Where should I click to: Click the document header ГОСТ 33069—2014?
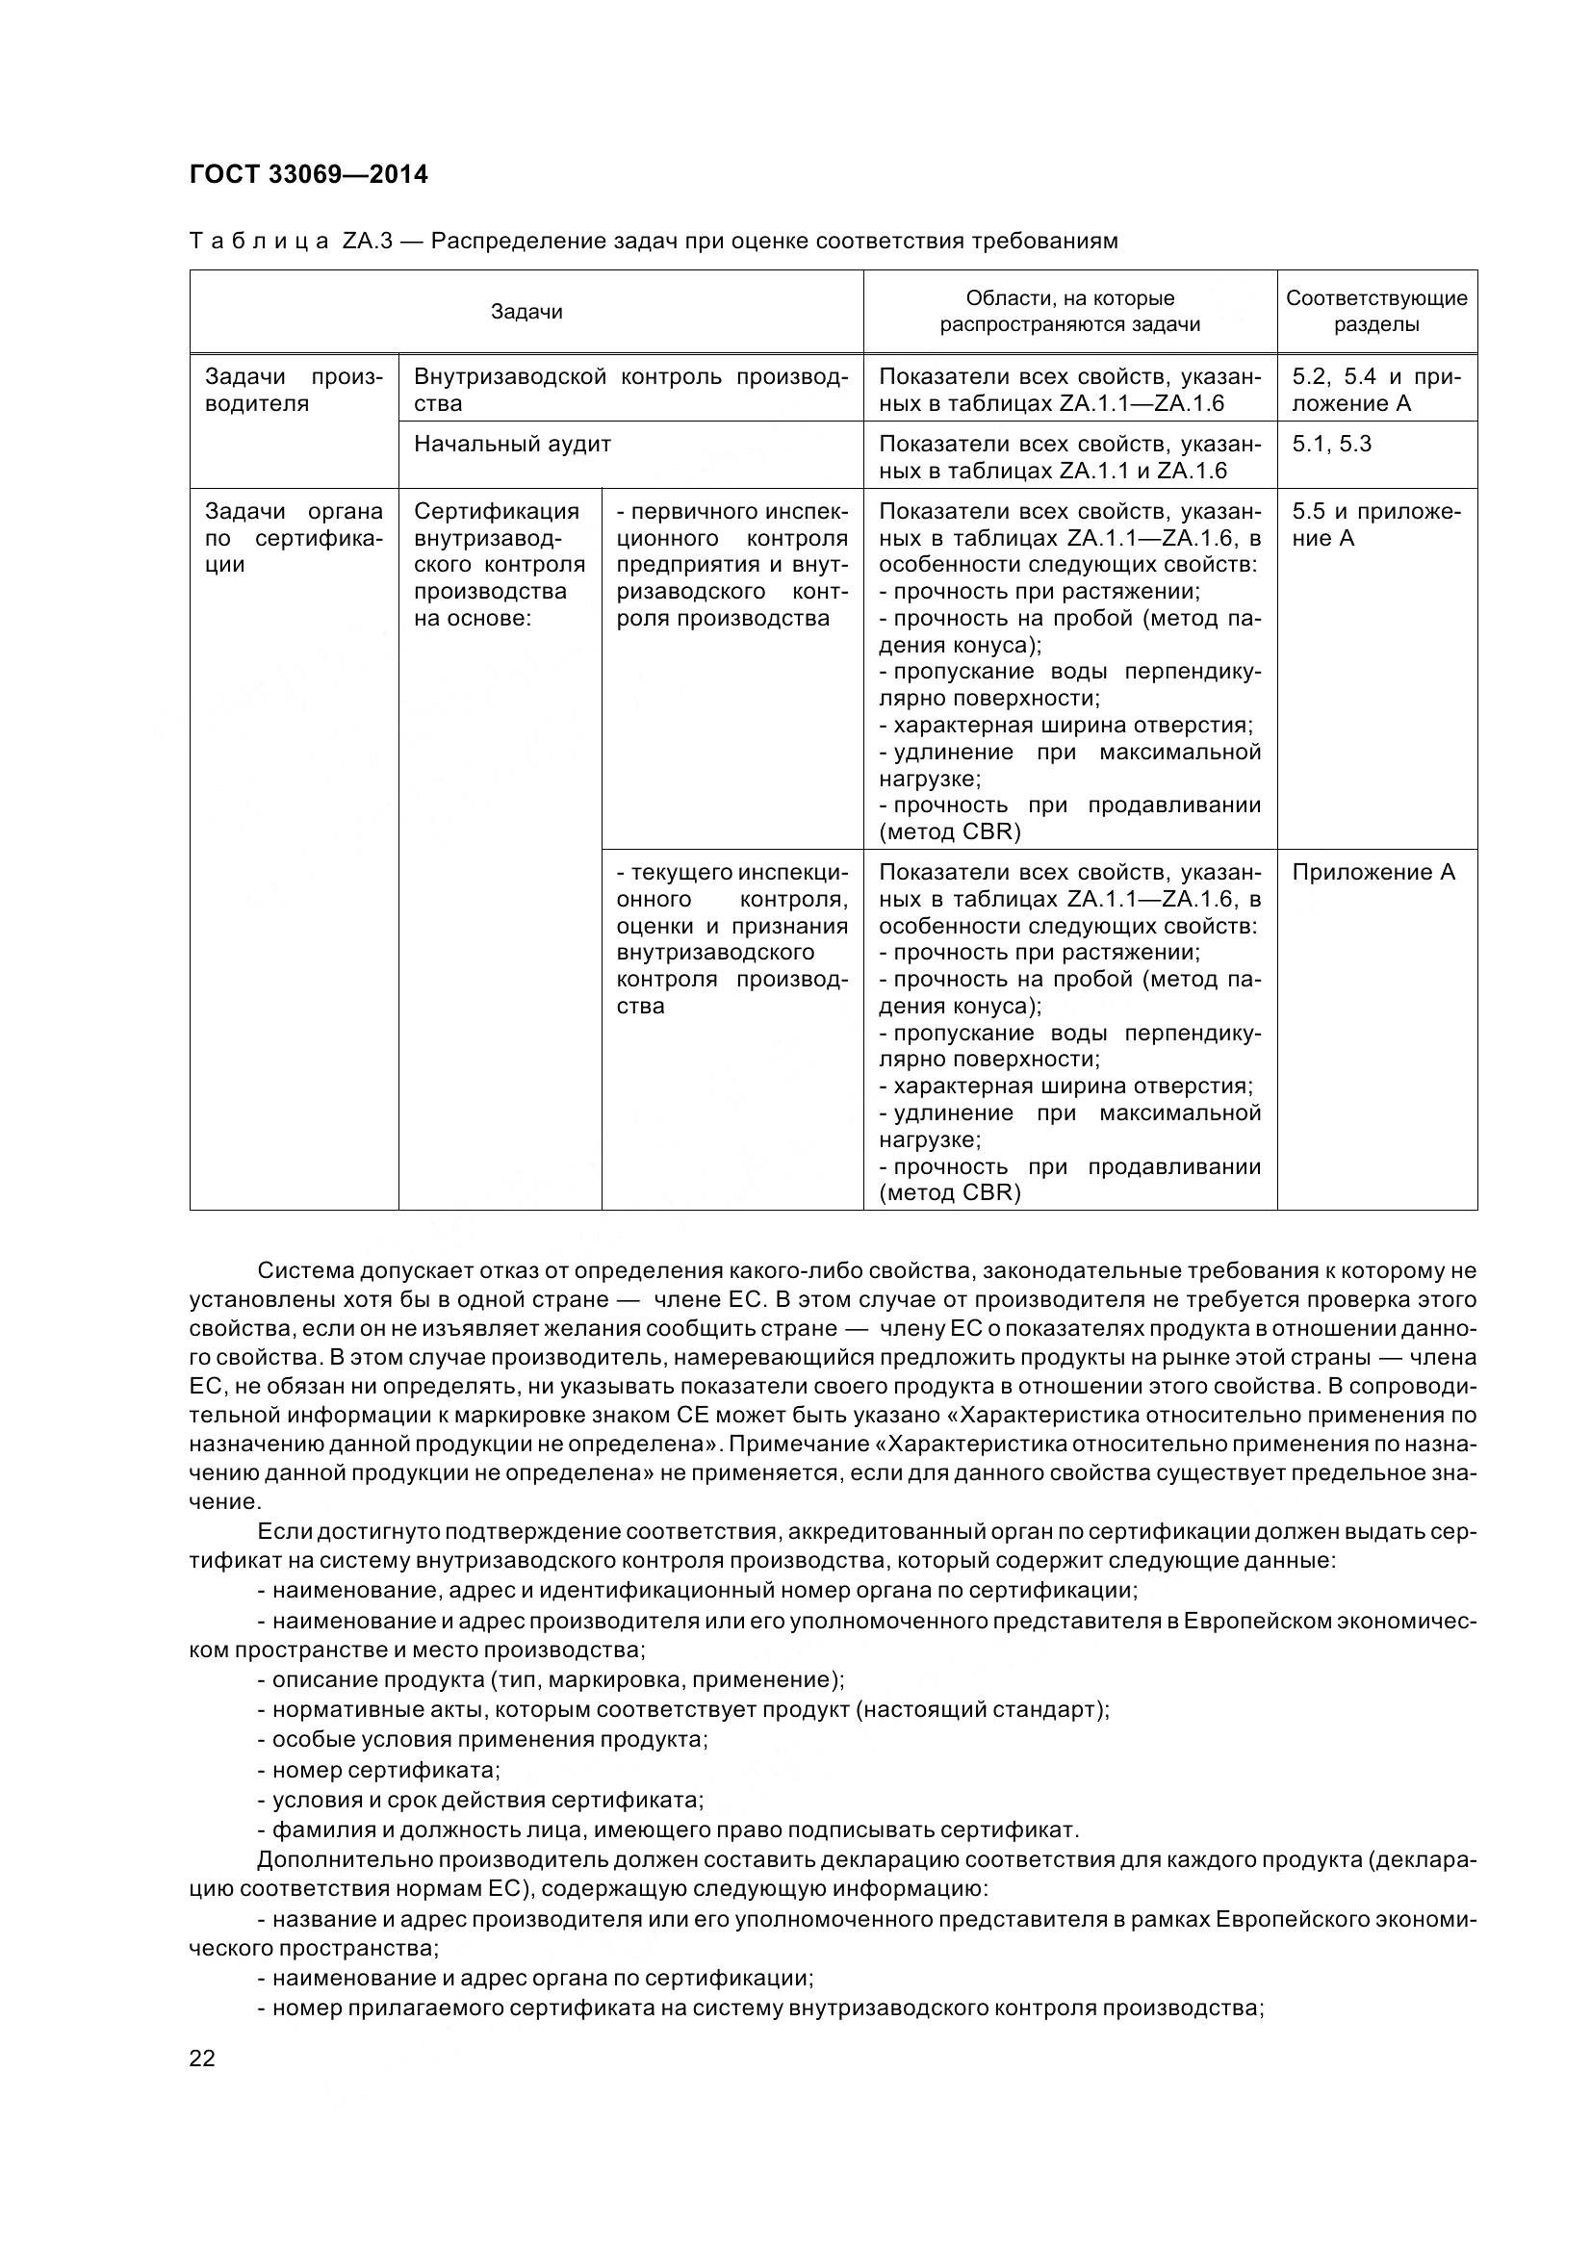click(x=309, y=174)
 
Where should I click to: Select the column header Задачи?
click(x=526, y=312)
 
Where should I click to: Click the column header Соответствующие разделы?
click(x=1376, y=311)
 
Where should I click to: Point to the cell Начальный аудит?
click(x=513, y=444)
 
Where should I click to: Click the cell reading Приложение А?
click(x=1373, y=873)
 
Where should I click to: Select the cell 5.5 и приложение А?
click(x=1375, y=524)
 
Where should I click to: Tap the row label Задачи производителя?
click(x=295, y=390)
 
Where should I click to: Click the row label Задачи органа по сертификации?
click(x=295, y=537)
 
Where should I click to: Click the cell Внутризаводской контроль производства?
click(x=630, y=390)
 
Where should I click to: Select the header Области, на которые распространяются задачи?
click(x=1069, y=311)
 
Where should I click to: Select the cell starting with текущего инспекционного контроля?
click(x=731, y=938)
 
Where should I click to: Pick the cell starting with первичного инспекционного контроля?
click(x=731, y=565)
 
